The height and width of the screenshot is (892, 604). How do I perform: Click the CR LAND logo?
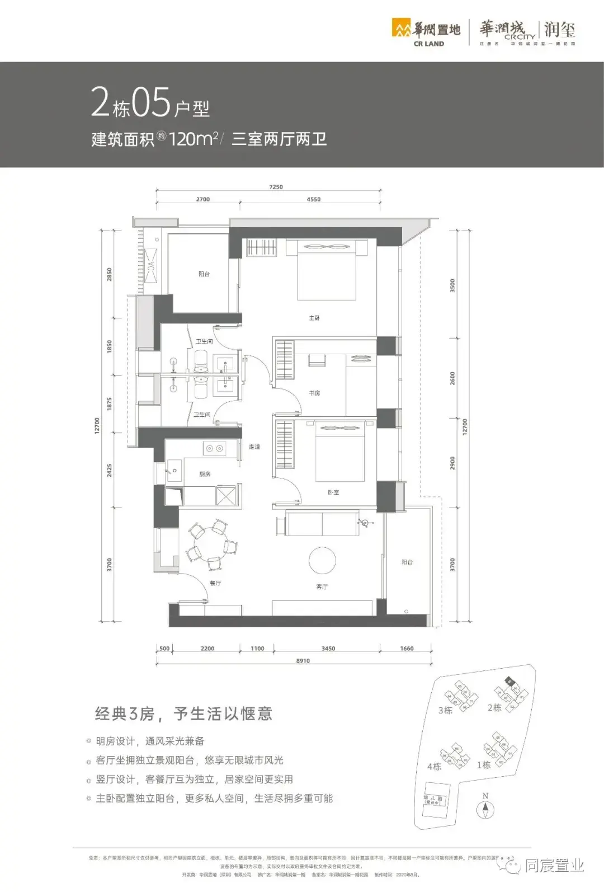coord(426,33)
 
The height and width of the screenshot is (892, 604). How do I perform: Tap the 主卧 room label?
coord(314,318)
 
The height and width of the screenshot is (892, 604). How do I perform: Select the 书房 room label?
coord(314,393)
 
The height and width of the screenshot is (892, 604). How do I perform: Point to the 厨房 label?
coord(205,474)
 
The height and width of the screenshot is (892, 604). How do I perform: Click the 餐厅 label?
coord(215,583)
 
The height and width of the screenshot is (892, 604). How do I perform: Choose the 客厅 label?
coord(322,586)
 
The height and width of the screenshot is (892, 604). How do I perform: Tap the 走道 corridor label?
coord(254,447)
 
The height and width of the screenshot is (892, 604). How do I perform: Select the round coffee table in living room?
coord(322,560)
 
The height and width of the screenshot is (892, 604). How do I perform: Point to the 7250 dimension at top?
coord(276,187)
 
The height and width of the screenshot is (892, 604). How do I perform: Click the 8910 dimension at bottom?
coord(303,661)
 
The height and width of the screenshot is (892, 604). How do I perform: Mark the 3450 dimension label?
coord(328,649)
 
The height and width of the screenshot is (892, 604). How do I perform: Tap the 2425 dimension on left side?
coord(110,470)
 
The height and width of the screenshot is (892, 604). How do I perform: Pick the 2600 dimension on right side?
coord(452,378)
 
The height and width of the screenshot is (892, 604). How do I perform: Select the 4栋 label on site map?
coord(434,766)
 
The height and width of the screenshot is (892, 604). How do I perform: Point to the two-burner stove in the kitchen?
coord(214,448)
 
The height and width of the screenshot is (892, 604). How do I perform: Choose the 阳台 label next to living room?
coord(407,562)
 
